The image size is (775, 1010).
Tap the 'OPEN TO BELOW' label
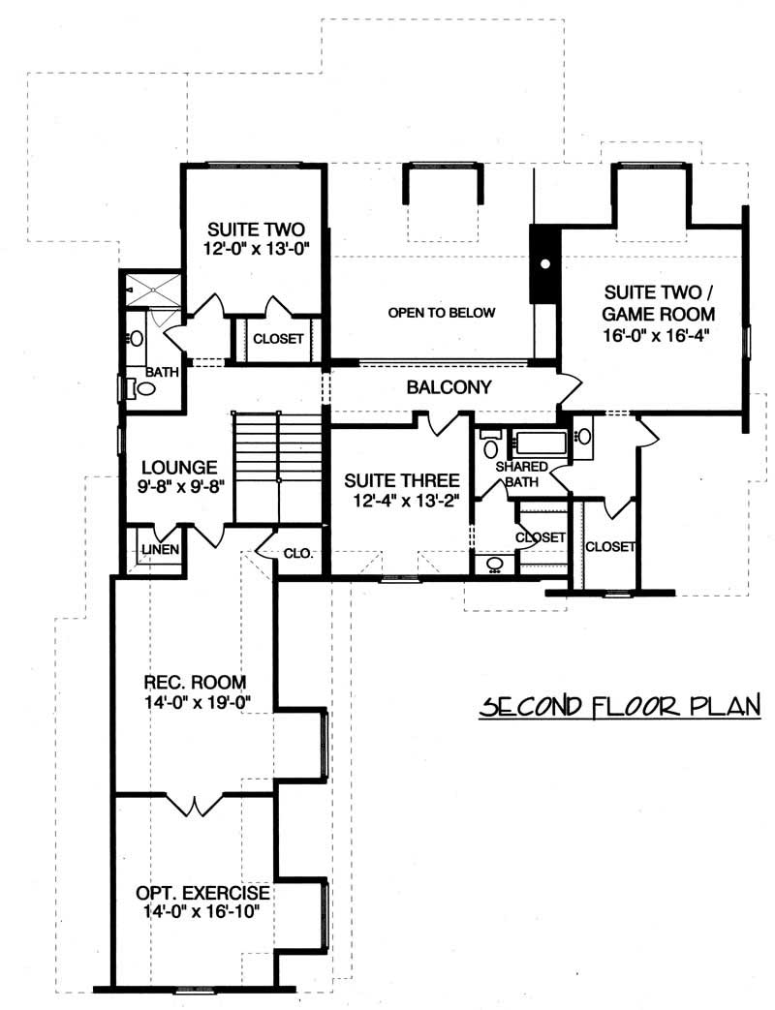441,313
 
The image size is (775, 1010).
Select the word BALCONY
449,387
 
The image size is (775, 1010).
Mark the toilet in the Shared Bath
490,446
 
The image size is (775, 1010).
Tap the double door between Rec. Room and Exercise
197,804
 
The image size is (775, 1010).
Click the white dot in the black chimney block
545,262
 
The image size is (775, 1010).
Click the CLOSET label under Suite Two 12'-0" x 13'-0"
278,340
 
